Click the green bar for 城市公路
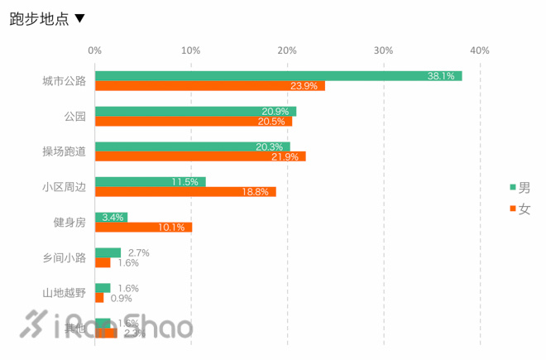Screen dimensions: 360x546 278,76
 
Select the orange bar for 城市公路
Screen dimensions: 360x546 210,86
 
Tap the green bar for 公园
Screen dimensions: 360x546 195,111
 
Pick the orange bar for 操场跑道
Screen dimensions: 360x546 200,156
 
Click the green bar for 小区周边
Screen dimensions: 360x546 150,181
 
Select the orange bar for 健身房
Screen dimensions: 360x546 143,227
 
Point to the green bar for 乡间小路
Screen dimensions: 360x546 108,252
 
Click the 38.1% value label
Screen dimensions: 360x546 441,76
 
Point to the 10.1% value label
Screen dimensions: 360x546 171,227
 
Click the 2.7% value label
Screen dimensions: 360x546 138,252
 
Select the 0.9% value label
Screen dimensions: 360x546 122,298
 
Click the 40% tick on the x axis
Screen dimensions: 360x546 480,50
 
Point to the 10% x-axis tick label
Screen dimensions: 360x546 191,50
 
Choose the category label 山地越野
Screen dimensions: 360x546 65,292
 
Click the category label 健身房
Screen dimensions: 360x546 69,222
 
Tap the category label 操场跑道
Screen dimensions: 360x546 65,151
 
